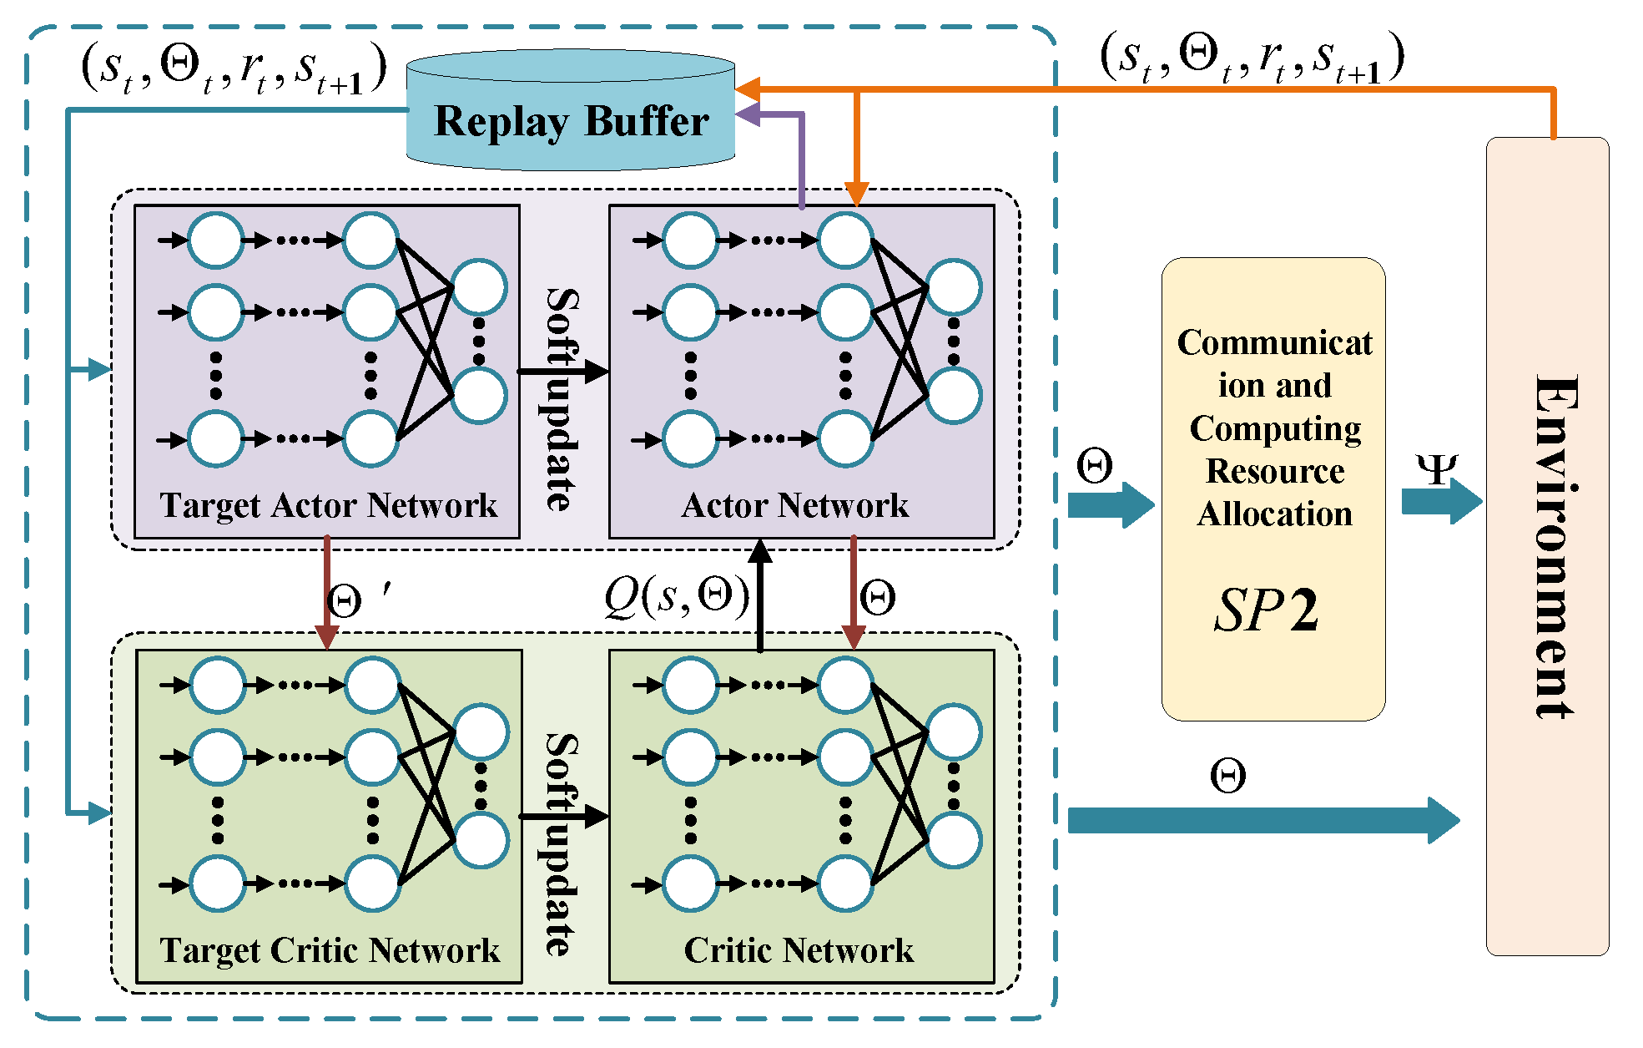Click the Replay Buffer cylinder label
coord(572,121)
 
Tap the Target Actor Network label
coord(328,505)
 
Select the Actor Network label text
coord(794,505)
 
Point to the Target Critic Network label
coord(330,950)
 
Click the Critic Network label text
coord(799,950)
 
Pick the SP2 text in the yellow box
coord(1266,610)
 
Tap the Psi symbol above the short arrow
coord(1437,469)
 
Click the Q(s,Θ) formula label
coord(677,597)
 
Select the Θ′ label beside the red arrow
coord(355,600)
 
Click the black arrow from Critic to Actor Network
coord(759,595)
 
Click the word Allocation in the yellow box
coord(1274,514)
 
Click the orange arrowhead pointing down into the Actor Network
coord(856,194)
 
